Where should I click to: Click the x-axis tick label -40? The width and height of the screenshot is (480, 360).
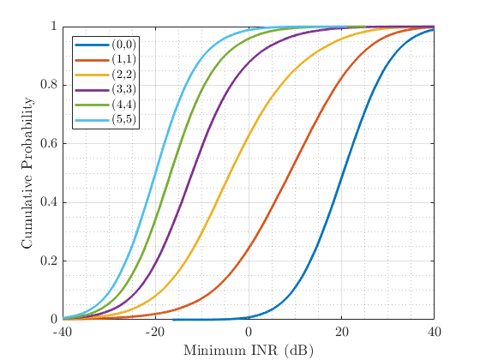coord(63,332)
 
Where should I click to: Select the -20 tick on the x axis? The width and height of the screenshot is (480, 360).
coord(155,332)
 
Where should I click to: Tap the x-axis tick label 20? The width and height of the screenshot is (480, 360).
coord(341,332)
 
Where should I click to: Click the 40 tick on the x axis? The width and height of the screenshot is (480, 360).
coord(434,332)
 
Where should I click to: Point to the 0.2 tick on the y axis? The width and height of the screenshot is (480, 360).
coord(49,261)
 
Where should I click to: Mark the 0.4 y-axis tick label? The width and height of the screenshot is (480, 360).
coord(49,202)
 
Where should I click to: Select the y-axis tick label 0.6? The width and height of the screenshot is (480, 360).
coord(49,144)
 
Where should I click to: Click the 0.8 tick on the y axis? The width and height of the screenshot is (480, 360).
coord(49,86)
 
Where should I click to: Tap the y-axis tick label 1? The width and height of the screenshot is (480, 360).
coord(54,27)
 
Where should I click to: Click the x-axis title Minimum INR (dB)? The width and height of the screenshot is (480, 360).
coord(248,350)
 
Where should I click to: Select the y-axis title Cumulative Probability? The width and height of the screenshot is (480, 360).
coord(27,173)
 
